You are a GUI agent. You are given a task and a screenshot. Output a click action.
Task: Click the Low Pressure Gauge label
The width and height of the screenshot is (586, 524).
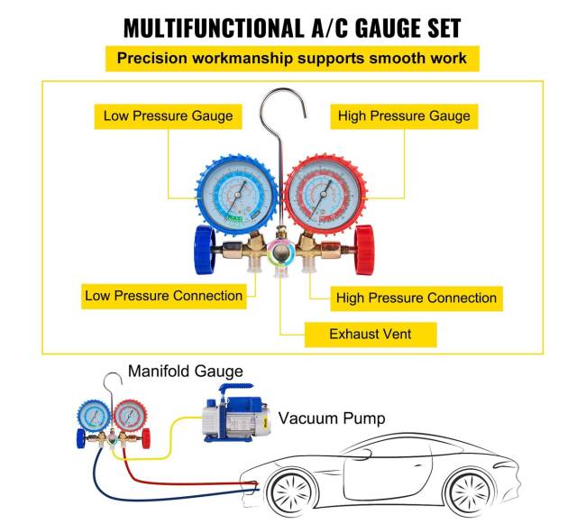click(x=168, y=115)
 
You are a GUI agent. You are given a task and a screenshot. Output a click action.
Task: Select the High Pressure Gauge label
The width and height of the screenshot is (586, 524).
click(x=403, y=115)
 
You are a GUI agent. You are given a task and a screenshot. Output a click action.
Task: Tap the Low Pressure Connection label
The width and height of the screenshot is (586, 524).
click(x=163, y=296)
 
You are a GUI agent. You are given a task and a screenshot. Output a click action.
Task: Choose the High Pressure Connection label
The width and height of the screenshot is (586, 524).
click(x=416, y=298)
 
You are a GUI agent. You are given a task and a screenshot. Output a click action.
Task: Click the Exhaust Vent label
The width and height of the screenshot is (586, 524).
click(x=370, y=334)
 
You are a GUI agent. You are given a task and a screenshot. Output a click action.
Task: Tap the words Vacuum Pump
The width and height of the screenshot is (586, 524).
click(x=331, y=418)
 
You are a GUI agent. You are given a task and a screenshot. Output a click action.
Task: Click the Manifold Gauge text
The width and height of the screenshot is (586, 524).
click(x=185, y=371)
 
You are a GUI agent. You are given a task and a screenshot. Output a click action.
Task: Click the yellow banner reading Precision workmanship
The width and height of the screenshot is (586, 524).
click(x=292, y=60)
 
